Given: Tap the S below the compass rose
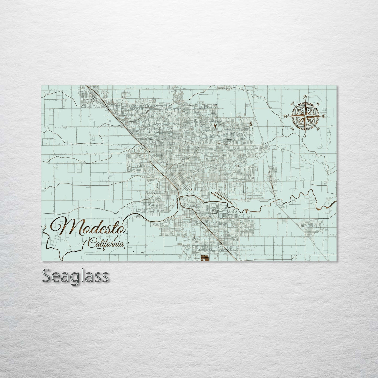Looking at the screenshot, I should pyautogui.click(x=305, y=135).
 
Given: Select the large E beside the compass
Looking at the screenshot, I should pyautogui.click(x=324, y=116).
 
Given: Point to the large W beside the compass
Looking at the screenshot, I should pyautogui.click(x=286, y=116).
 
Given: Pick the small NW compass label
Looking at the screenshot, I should pyautogui.click(x=292, y=104).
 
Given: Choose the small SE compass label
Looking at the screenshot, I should pyautogui.click(x=318, y=128).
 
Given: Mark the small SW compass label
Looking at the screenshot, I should pyautogui.click(x=293, y=128).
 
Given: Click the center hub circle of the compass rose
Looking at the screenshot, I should pyautogui.click(x=305, y=116).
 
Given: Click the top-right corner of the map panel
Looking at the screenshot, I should pyautogui.click(x=337, y=86).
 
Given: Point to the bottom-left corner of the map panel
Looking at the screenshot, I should pyautogui.click(x=42, y=261).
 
